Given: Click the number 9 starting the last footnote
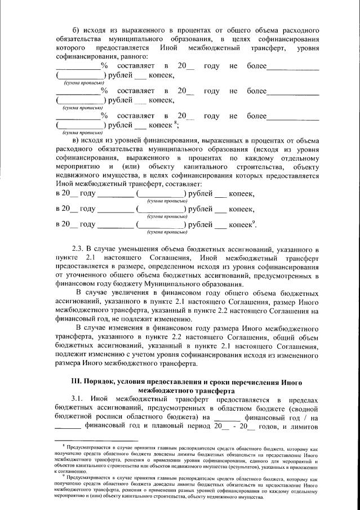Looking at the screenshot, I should coord(63,475).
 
